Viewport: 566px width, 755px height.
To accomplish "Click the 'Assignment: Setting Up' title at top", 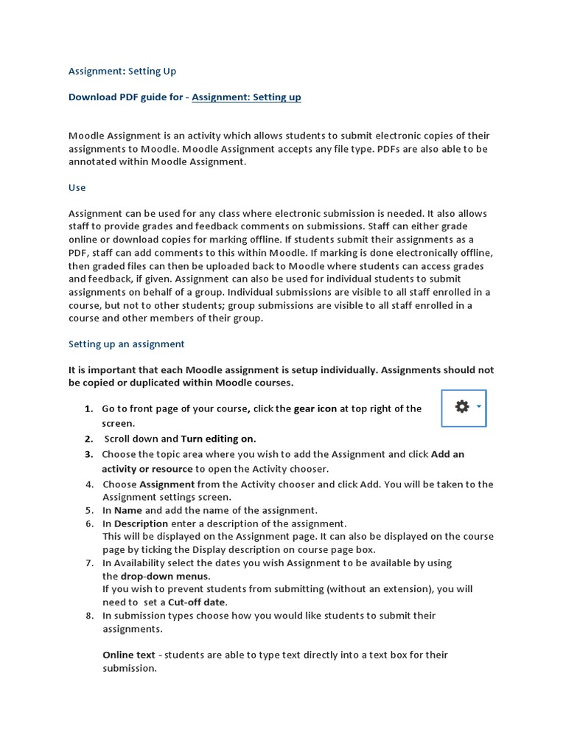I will point(122,72).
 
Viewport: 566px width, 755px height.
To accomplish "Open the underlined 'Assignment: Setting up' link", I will point(246,97).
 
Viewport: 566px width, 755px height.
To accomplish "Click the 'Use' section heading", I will point(77,187).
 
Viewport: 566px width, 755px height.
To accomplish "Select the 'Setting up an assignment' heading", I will point(126,344).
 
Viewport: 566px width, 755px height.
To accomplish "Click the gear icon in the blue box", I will point(462,407).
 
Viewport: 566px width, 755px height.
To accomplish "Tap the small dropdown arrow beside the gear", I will point(479,406).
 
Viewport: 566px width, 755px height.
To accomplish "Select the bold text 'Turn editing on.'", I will point(218,439).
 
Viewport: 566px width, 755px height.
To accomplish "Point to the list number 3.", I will point(88,454).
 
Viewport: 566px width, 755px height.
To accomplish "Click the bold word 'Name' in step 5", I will point(127,510).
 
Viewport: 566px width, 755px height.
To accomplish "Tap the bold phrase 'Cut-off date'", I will point(197,602).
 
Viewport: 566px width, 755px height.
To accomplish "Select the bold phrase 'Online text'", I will point(128,655).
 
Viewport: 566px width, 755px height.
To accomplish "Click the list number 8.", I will point(89,616).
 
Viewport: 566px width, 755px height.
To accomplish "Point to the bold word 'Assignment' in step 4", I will point(167,484).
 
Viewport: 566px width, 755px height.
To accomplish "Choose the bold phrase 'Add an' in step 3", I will point(447,454).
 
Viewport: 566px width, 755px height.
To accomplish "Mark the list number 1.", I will point(88,408).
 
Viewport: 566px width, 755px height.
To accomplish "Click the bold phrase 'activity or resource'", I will point(147,469).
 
